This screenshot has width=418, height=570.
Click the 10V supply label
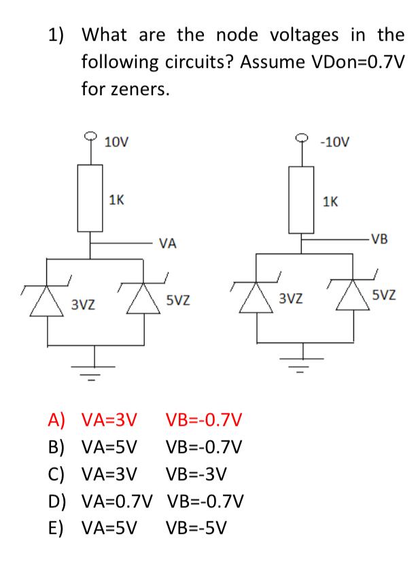[116, 142]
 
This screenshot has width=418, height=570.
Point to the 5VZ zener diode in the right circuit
[353, 294]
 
